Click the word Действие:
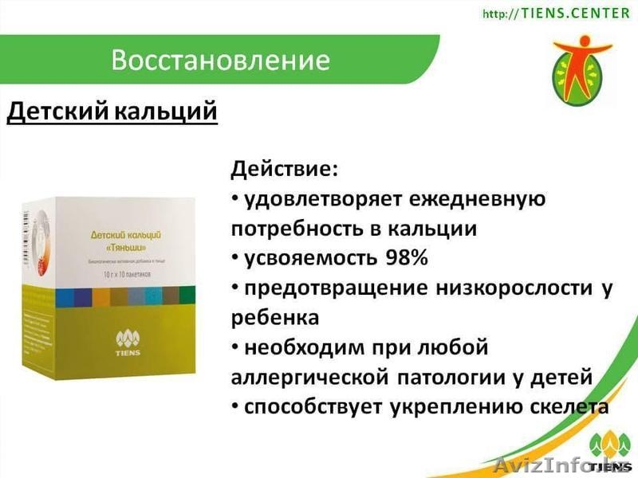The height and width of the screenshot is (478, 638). (x=284, y=169)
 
